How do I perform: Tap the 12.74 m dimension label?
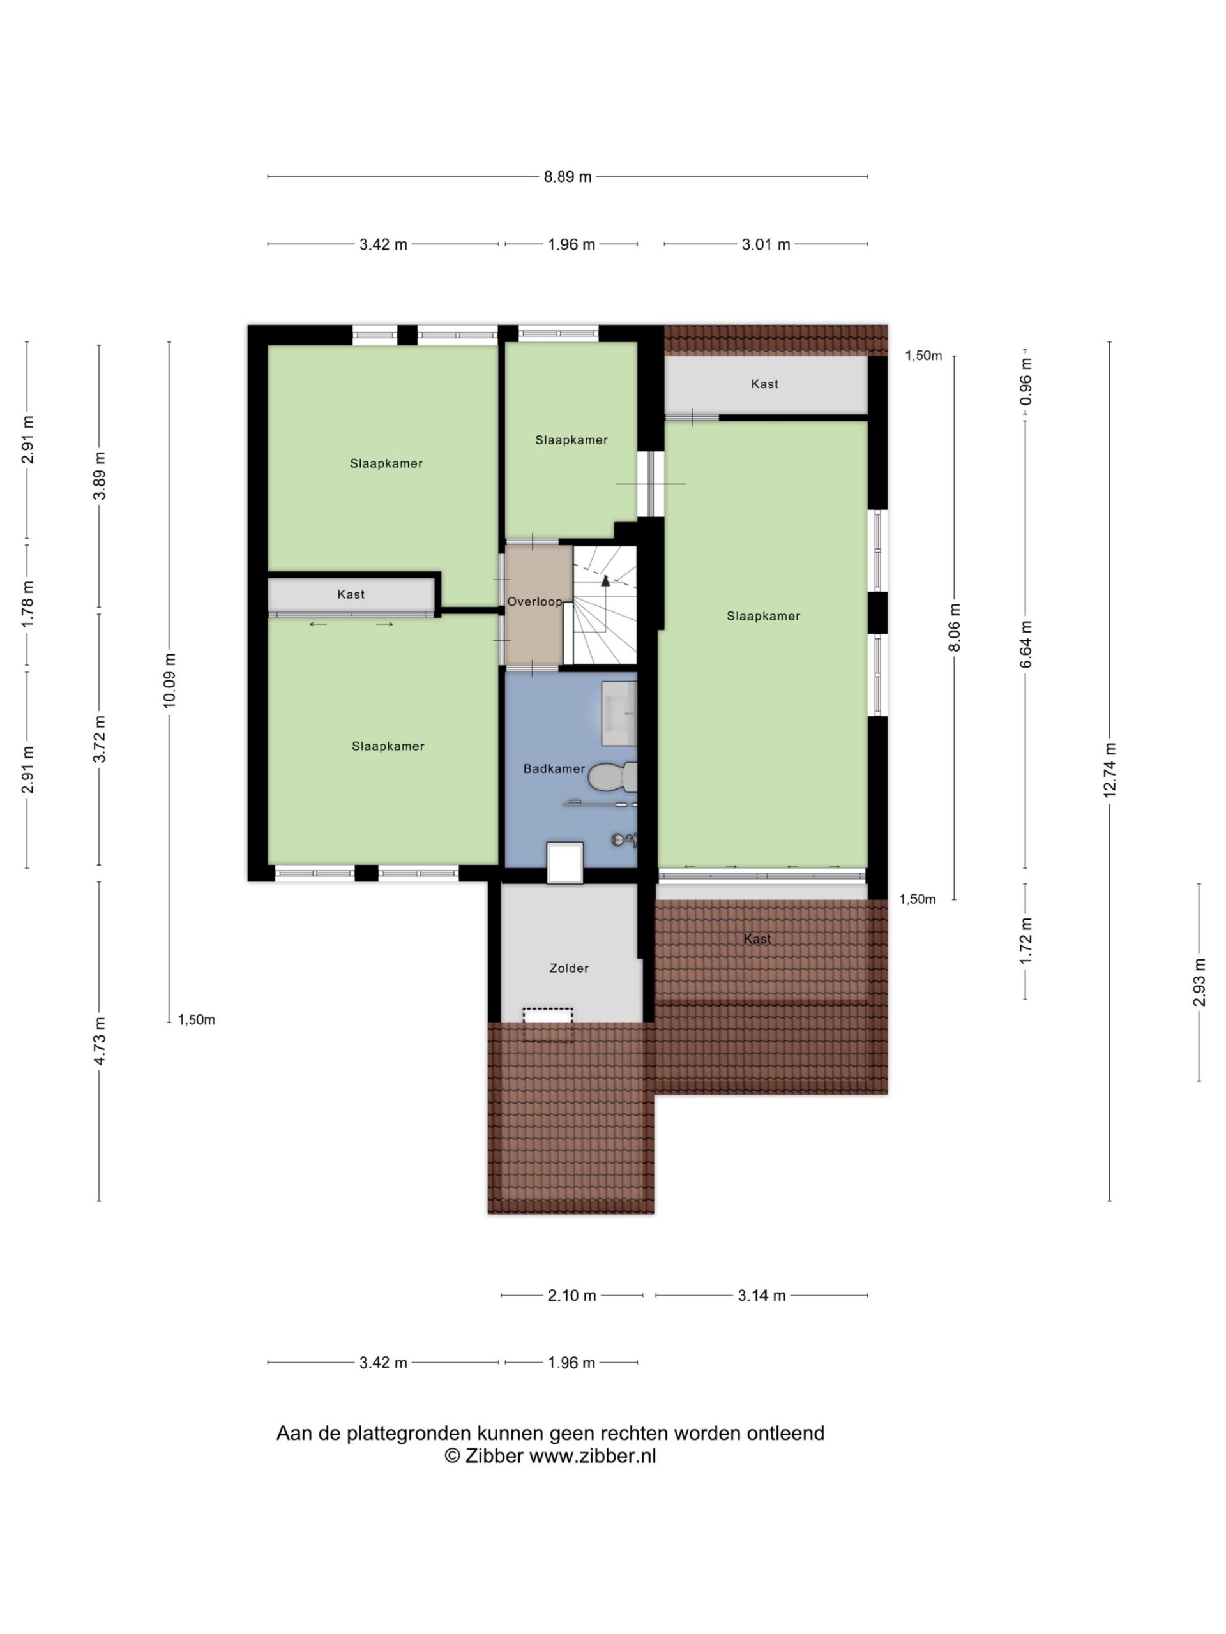1109,769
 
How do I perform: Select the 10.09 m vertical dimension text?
169,680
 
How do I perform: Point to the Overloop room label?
534,602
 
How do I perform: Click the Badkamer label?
554,769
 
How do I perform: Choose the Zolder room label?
569,968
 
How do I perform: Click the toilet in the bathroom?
612,776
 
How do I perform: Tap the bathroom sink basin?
619,714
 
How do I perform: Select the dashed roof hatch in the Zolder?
548,1016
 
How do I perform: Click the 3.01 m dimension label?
766,244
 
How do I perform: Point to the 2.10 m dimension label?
571,1296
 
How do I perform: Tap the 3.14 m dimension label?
761,1296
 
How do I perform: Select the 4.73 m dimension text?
99,1041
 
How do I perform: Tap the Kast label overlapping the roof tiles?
757,939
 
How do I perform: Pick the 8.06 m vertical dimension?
954,628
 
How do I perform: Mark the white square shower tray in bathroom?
565,863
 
